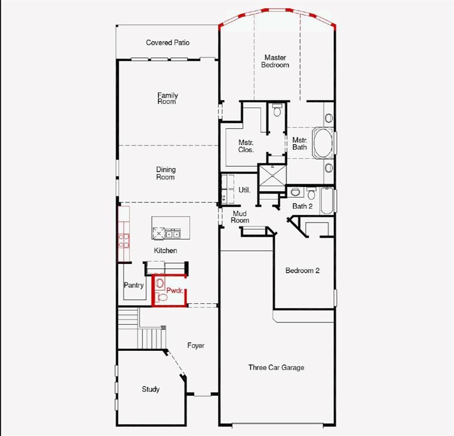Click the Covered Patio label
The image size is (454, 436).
pyautogui.click(x=167, y=43)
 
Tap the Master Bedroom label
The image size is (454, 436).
pyautogui.click(x=275, y=61)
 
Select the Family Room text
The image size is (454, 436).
pyautogui.click(x=167, y=98)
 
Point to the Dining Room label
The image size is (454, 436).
pyautogui.click(x=166, y=173)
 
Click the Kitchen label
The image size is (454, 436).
pyautogui.click(x=166, y=250)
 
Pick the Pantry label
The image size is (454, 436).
pyautogui.click(x=134, y=286)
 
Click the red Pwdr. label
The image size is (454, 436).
pyautogui.click(x=174, y=291)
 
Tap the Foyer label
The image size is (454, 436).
pyautogui.click(x=196, y=345)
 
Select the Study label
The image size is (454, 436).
pyautogui.click(x=150, y=389)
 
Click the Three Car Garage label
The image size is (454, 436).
pyautogui.click(x=276, y=367)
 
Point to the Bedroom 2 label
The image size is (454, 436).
pyautogui.click(x=302, y=271)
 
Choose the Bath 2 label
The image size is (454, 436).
pyautogui.click(x=302, y=206)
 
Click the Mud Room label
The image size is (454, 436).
pyautogui.click(x=240, y=217)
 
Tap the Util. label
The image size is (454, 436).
pyautogui.click(x=245, y=190)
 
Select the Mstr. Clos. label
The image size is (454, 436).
pyautogui.click(x=246, y=146)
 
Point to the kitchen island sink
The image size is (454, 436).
pyautogui.click(x=173, y=233)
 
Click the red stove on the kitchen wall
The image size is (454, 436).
pyautogui.click(x=123, y=240)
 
